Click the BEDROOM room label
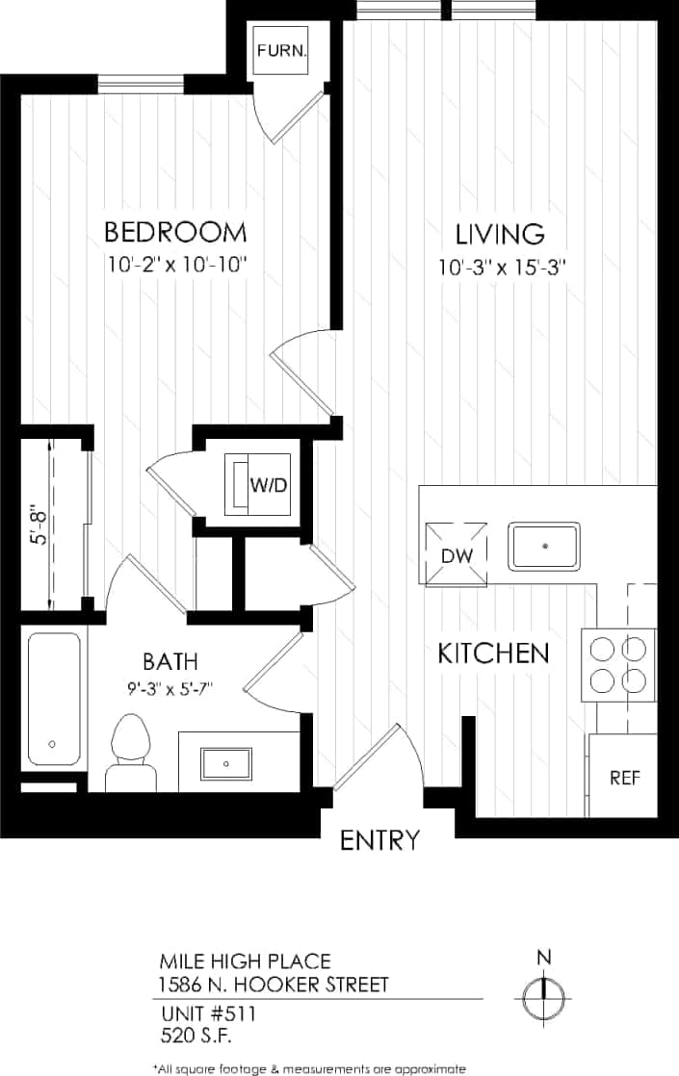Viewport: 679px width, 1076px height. click(x=175, y=233)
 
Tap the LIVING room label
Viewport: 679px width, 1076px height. click(x=500, y=234)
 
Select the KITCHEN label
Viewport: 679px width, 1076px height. click(x=493, y=654)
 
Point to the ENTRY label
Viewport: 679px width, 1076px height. click(x=380, y=840)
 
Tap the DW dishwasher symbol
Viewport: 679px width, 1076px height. click(x=455, y=554)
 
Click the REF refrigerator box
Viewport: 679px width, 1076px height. click(x=624, y=778)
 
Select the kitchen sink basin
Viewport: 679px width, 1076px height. click(x=544, y=546)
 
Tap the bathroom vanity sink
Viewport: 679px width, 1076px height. click(x=226, y=764)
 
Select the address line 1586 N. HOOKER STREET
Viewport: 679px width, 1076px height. click(x=274, y=984)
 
